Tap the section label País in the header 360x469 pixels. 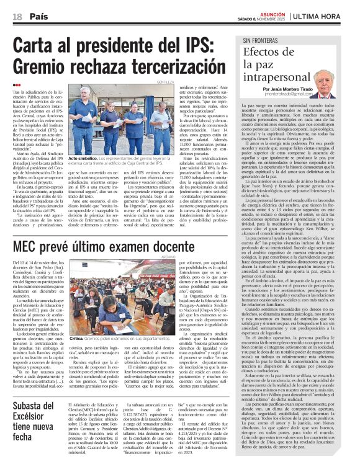[x=38, y=15]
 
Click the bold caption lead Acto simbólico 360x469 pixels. [x=84, y=158]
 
